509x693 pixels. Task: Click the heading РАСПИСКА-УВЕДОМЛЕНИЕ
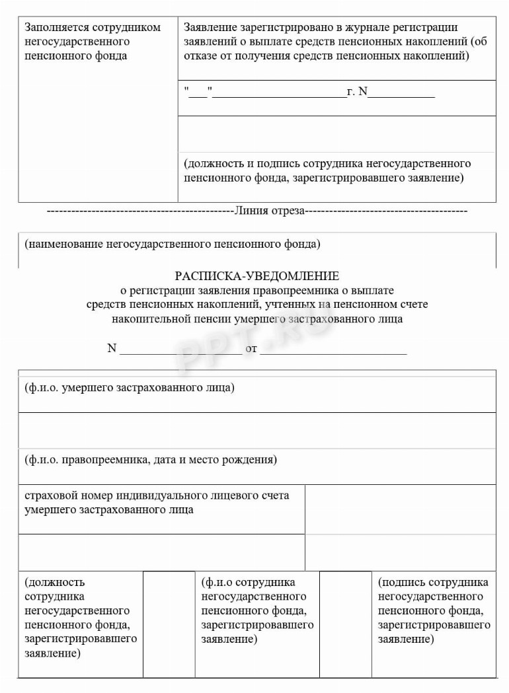[x=256, y=275]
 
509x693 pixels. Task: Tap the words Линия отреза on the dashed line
[x=268, y=211]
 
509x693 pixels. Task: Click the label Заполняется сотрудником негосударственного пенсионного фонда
[x=92, y=41]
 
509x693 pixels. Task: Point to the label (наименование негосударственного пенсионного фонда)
[x=172, y=244]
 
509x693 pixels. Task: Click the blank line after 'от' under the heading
[x=333, y=349]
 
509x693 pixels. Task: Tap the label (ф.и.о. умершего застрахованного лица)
[x=129, y=387]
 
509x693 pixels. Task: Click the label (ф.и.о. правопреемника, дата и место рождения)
[x=151, y=459]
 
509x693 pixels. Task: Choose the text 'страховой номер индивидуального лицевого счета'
[x=157, y=495]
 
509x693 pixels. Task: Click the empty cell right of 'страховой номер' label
[x=400, y=509]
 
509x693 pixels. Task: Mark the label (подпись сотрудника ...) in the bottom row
[x=434, y=610]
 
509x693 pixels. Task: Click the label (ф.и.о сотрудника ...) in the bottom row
[x=257, y=610]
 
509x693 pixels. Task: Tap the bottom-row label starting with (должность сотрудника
[x=80, y=618]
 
